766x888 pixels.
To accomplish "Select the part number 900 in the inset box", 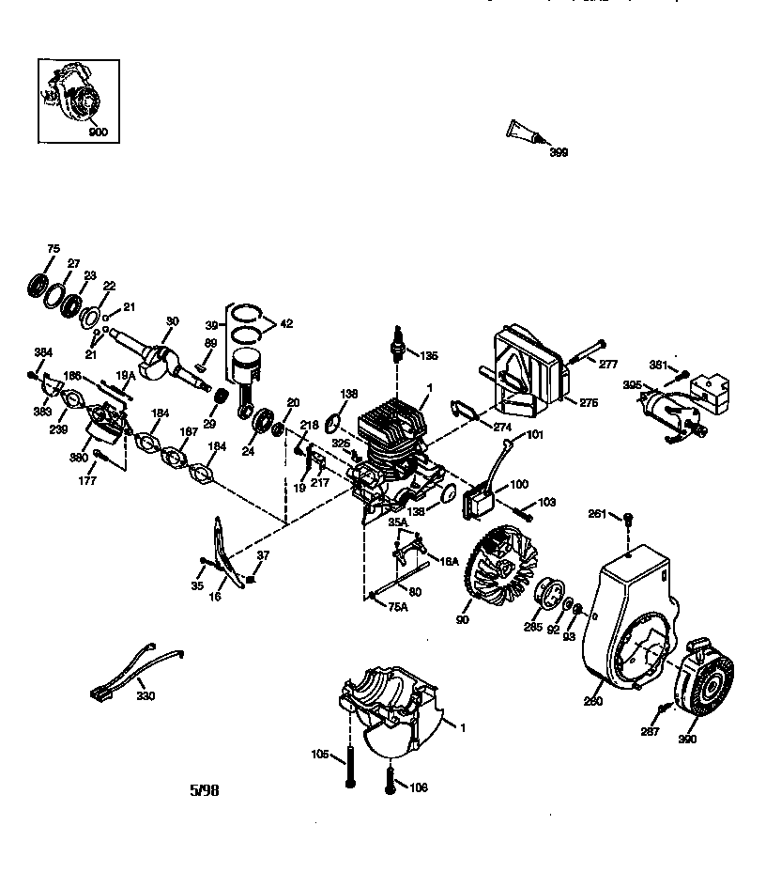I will point(98,132).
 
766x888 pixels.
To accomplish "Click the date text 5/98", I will point(204,790).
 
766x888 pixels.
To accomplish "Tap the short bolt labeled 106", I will point(389,776).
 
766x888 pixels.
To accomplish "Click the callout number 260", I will point(592,699).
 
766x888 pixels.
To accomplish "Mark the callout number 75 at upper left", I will point(54,248).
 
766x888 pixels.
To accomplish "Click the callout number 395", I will point(633,384).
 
